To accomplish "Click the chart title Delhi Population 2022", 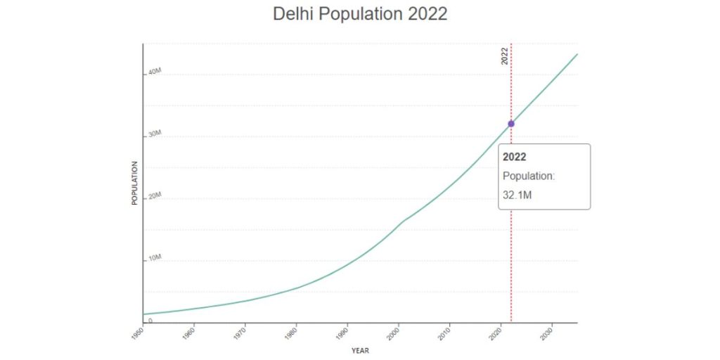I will pos(359,14).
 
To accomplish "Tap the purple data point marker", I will pos(511,124).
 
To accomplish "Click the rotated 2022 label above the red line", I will pos(504,56).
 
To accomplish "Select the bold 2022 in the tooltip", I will pos(514,157).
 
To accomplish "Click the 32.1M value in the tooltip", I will pos(517,194).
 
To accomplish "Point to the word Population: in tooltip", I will pos(528,176).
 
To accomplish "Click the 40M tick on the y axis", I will pos(155,72).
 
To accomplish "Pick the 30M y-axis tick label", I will pos(155,134).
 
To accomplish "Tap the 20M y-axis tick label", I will pos(155,196).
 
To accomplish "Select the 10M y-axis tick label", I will pos(155,258).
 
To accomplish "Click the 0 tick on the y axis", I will pos(150,320).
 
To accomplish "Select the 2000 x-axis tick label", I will pos(395,332).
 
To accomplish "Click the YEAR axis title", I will pos(360,350).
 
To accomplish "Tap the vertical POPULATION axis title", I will pos(134,183).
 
